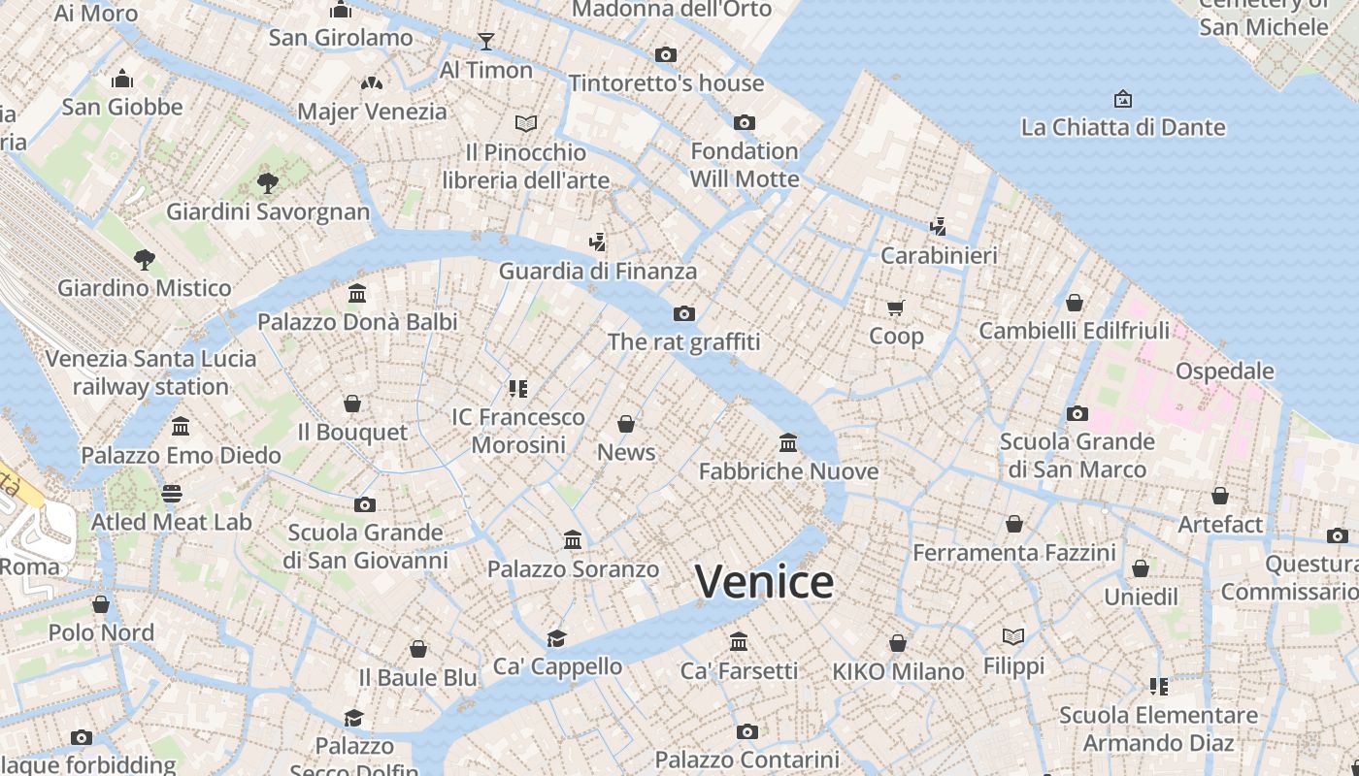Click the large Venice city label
(764, 582)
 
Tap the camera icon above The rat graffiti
(684, 313)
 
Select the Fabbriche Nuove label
(788, 471)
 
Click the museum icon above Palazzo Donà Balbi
(357, 293)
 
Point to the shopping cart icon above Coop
(896, 307)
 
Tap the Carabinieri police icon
(938, 227)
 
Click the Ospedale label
(1224, 371)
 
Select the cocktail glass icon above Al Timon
(486, 41)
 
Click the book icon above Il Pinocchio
(526, 123)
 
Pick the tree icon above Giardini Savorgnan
(268, 182)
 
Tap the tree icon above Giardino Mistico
(145, 259)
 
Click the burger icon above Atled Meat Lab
(172, 494)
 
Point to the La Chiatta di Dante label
(1122, 127)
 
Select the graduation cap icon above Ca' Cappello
(556, 637)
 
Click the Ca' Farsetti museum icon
(739, 641)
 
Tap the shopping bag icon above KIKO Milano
(898, 643)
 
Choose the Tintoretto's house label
(666, 83)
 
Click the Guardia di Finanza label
(597, 271)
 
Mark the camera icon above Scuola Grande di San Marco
(1077, 414)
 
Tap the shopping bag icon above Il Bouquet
(352, 403)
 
